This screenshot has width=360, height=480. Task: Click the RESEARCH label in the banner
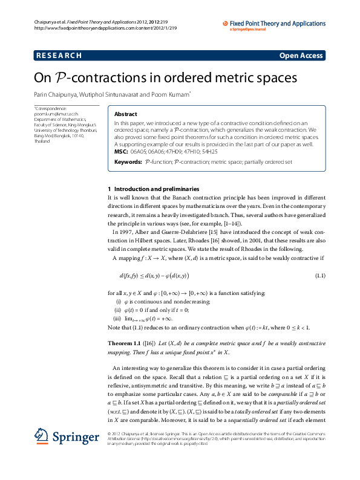pos(59,56)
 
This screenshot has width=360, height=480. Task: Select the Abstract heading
pos(126,114)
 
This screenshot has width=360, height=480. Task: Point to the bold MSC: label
pos(121,152)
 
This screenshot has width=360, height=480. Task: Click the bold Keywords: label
pos(128,162)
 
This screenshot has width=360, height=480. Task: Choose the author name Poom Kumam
pos(172,94)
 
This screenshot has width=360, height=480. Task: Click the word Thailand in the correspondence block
pos(42,140)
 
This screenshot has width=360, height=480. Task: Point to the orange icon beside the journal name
pos(226,24)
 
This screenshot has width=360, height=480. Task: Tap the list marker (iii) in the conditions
pos(118,318)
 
